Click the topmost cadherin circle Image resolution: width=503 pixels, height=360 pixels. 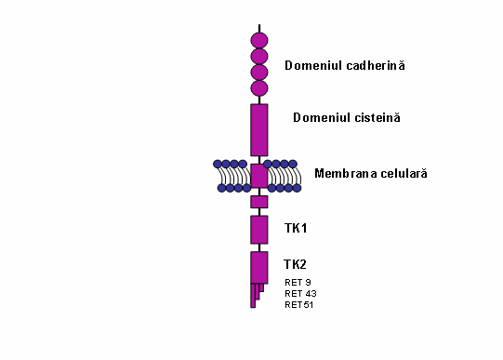(259, 40)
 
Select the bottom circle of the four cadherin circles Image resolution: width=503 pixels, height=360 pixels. (259, 88)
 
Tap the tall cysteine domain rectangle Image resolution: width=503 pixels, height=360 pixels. (259, 129)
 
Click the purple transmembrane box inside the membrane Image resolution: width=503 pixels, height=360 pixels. (259, 175)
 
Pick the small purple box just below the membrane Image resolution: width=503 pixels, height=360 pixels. (259, 202)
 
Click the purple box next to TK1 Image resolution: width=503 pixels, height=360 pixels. (259, 229)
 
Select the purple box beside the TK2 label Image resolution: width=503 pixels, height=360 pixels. (259, 266)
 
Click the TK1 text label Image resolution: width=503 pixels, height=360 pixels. (296, 228)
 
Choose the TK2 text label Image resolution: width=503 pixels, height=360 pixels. (296, 264)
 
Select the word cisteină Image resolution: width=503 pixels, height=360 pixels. (374, 117)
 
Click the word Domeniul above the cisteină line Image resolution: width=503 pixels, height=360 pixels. (318, 117)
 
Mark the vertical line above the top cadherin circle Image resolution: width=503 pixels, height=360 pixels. (259, 28)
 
